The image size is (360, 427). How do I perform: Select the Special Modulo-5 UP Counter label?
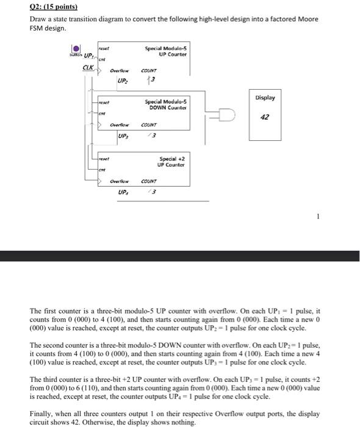pos(165,51)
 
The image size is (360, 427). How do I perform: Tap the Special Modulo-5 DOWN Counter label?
pos(166,104)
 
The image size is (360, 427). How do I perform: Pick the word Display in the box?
pos(265,98)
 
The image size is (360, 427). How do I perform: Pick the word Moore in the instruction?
pos(307,20)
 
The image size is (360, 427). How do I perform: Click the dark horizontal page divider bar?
pos(180,256)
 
